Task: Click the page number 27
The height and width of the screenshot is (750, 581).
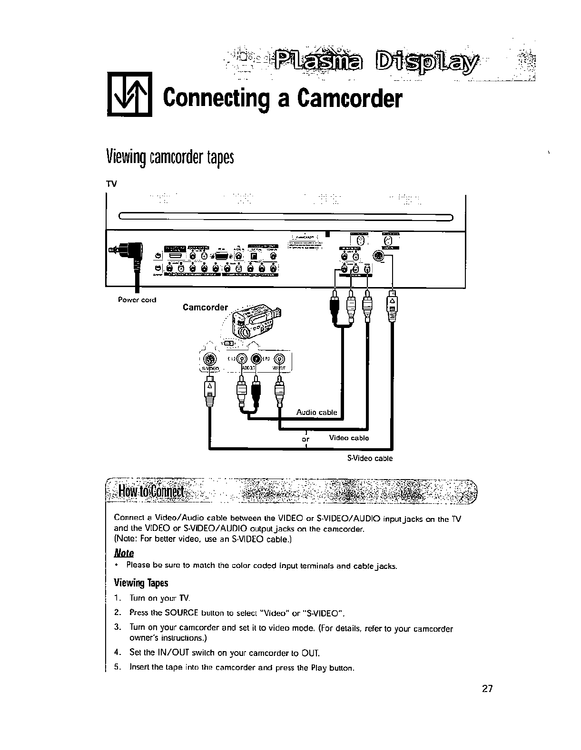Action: pyautogui.click(x=486, y=689)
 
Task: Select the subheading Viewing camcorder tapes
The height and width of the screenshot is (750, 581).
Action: pyautogui.click(x=170, y=156)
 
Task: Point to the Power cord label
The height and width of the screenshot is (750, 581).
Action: pyautogui.click(x=137, y=300)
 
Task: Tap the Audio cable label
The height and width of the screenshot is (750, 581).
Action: pyautogui.click(x=316, y=412)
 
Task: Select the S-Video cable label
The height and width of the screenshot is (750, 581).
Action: pyautogui.click(x=369, y=459)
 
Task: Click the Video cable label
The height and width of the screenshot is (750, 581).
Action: pyautogui.click(x=349, y=438)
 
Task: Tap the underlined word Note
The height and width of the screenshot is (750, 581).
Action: pyautogui.click(x=124, y=553)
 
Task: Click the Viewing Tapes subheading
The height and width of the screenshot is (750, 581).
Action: pyautogui.click(x=141, y=583)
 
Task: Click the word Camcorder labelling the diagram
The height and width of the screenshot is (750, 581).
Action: pyautogui.click(x=205, y=307)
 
